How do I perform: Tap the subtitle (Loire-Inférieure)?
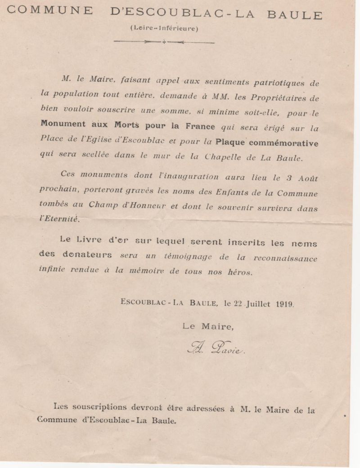click(x=164, y=28)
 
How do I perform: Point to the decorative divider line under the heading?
click(x=164, y=42)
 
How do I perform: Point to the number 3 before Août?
click(x=290, y=178)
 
